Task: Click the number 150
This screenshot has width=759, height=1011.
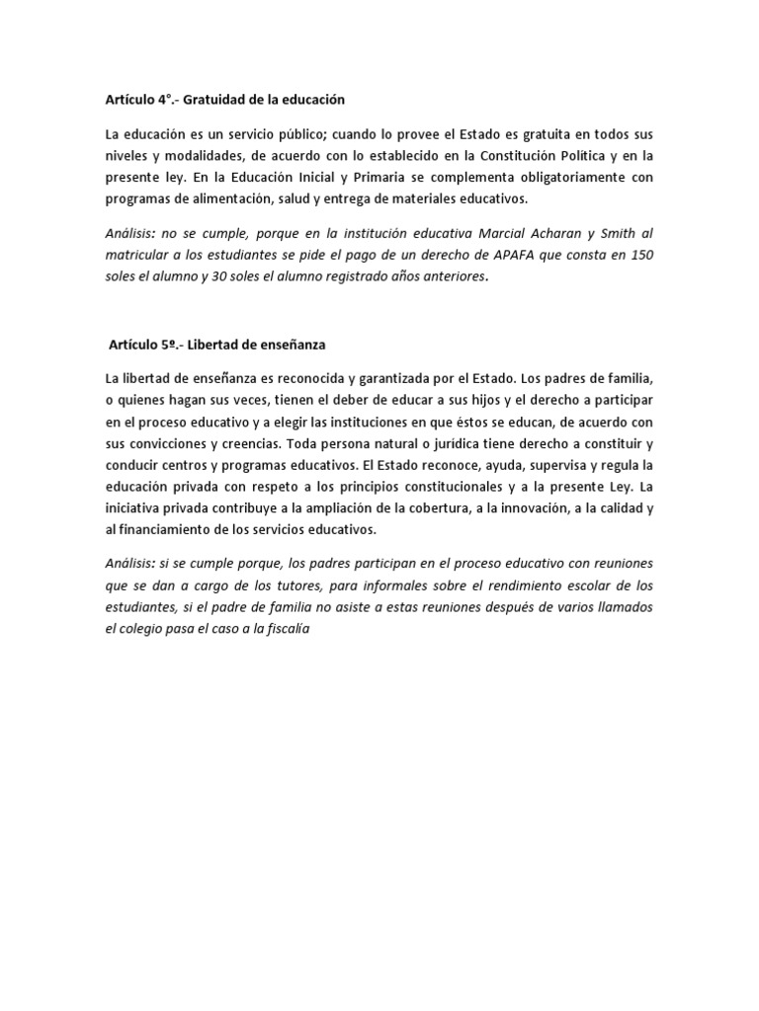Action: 640,255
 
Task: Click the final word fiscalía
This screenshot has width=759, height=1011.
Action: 287,629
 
